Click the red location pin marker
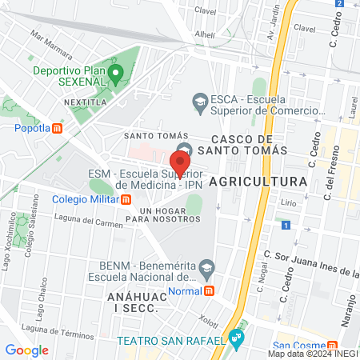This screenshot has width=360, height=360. [179, 162]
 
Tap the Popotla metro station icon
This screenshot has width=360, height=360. [57, 127]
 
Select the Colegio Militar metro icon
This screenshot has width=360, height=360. [126, 200]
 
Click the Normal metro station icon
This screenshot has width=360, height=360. [209, 291]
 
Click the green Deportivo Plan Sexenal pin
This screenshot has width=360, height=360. [115, 77]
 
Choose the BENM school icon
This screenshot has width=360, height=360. [207, 266]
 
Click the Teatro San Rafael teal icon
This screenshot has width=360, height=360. [235, 338]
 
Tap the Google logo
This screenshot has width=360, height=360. [26, 350]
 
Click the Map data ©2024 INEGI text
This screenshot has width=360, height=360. [311, 353]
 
